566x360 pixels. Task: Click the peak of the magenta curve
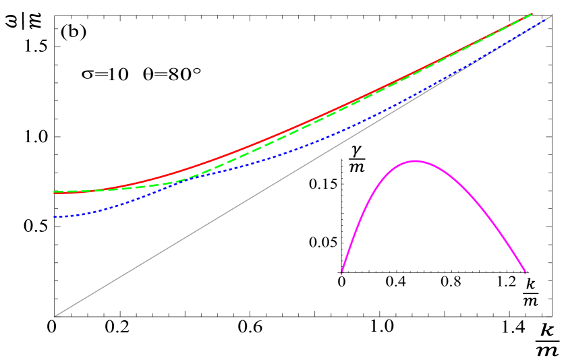414,161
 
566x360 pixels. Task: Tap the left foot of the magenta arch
342,272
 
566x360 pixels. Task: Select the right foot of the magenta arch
525,272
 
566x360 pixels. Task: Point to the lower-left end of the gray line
54,316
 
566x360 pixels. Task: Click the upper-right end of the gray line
551,16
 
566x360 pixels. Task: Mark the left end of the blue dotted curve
54,217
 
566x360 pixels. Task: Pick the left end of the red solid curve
54,193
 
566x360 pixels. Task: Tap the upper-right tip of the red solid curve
532,14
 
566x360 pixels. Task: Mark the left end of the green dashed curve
54,191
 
